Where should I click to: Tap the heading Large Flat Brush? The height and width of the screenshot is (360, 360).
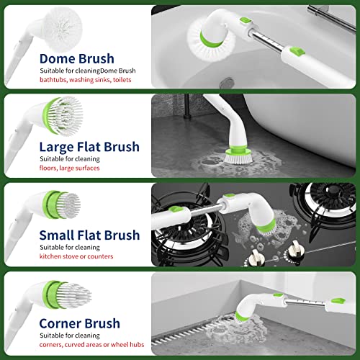click(90, 148)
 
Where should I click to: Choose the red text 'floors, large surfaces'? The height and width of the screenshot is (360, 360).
click(70, 168)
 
